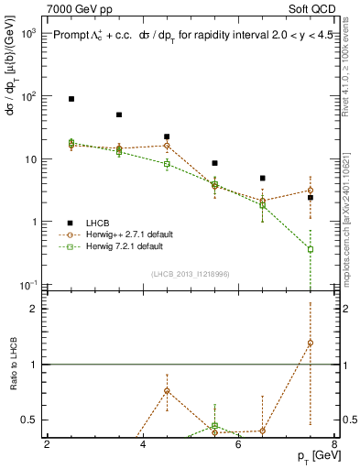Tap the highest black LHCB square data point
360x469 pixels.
(71, 98)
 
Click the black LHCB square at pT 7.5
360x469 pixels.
(311, 197)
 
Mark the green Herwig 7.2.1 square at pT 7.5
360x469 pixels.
(311, 249)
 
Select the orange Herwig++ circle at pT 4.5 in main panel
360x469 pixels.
(167, 146)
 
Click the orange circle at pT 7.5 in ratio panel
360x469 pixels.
(311, 344)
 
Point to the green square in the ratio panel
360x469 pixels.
(214, 425)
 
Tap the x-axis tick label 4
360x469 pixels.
(143, 446)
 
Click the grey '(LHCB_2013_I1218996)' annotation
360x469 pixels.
(191, 273)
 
